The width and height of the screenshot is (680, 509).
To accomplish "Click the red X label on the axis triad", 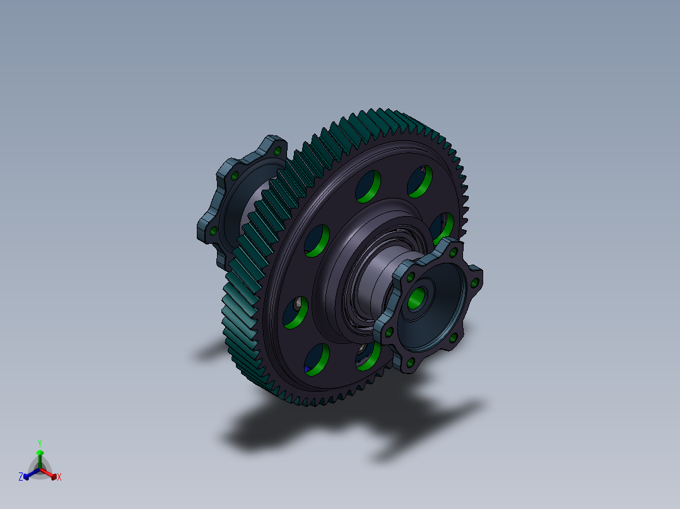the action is (x=59, y=477).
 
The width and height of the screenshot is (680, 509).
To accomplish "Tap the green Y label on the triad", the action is (x=40, y=443).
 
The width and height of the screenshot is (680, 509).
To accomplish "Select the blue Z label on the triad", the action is (x=21, y=477).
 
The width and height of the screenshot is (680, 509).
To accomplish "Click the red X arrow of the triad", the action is (x=49, y=474).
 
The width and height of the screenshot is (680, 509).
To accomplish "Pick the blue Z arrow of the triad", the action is (x=32, y=474).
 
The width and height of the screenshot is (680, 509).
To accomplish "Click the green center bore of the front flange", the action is (x=416, y=299).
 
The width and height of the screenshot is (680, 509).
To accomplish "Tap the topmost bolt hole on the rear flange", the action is (x=278, y=151).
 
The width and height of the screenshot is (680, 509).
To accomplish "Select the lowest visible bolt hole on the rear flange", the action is (x=213, y=231).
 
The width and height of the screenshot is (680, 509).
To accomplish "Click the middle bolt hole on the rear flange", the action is (x=235, y=176).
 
